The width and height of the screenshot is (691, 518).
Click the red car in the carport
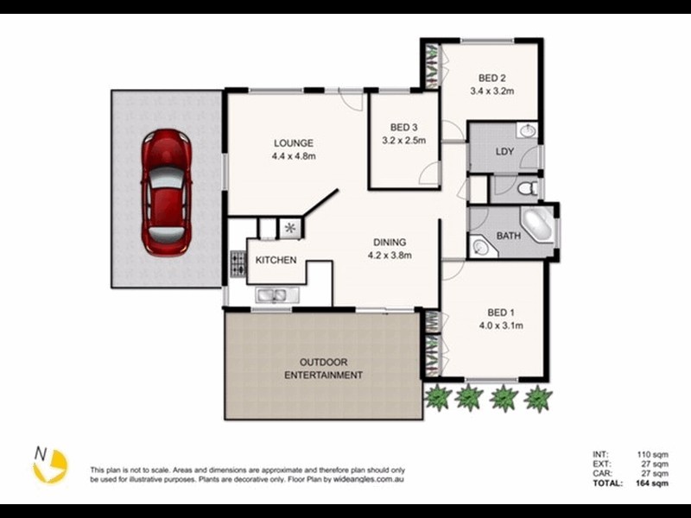coord(167,192)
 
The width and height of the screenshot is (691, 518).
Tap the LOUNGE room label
coord(294,143)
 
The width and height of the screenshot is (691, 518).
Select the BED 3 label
coord(404,125)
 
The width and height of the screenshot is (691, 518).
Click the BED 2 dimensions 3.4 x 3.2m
coord(492,90)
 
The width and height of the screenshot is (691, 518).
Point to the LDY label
coord(504,153)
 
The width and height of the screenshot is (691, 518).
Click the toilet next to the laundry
coord(529,187)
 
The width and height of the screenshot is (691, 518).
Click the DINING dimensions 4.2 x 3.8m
coord(390,256)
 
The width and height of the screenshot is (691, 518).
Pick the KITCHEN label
coord(276,260)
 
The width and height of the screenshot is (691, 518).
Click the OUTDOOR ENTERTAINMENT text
coord(324,368)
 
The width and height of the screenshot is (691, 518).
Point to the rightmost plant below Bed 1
coord(538,397)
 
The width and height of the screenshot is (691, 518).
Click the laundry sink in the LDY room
coord(528,131)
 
